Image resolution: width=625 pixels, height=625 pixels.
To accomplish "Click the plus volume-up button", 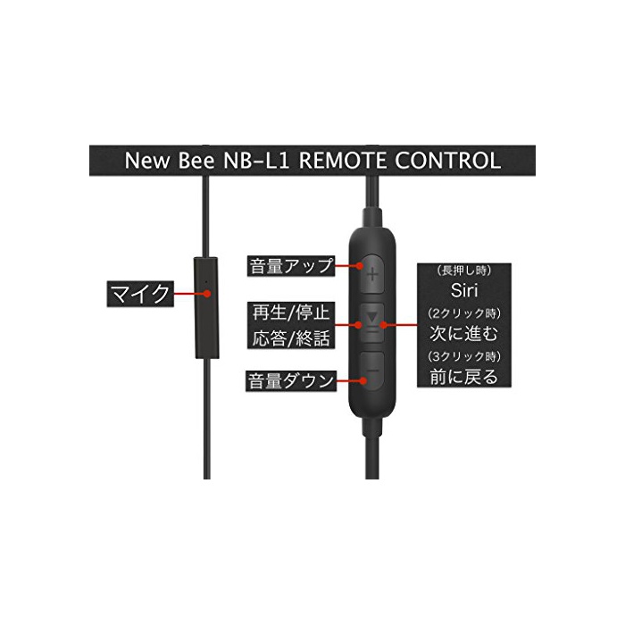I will click(x=371, y=273).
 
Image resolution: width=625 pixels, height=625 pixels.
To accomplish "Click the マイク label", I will click(x=138, y=294).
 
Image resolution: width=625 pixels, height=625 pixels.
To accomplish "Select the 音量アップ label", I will click(x=290, y=265).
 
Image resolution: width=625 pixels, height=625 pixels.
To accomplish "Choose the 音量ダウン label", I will click(x=290, y=382).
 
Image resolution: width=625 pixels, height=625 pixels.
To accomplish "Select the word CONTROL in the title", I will click(x=446, y=161).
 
